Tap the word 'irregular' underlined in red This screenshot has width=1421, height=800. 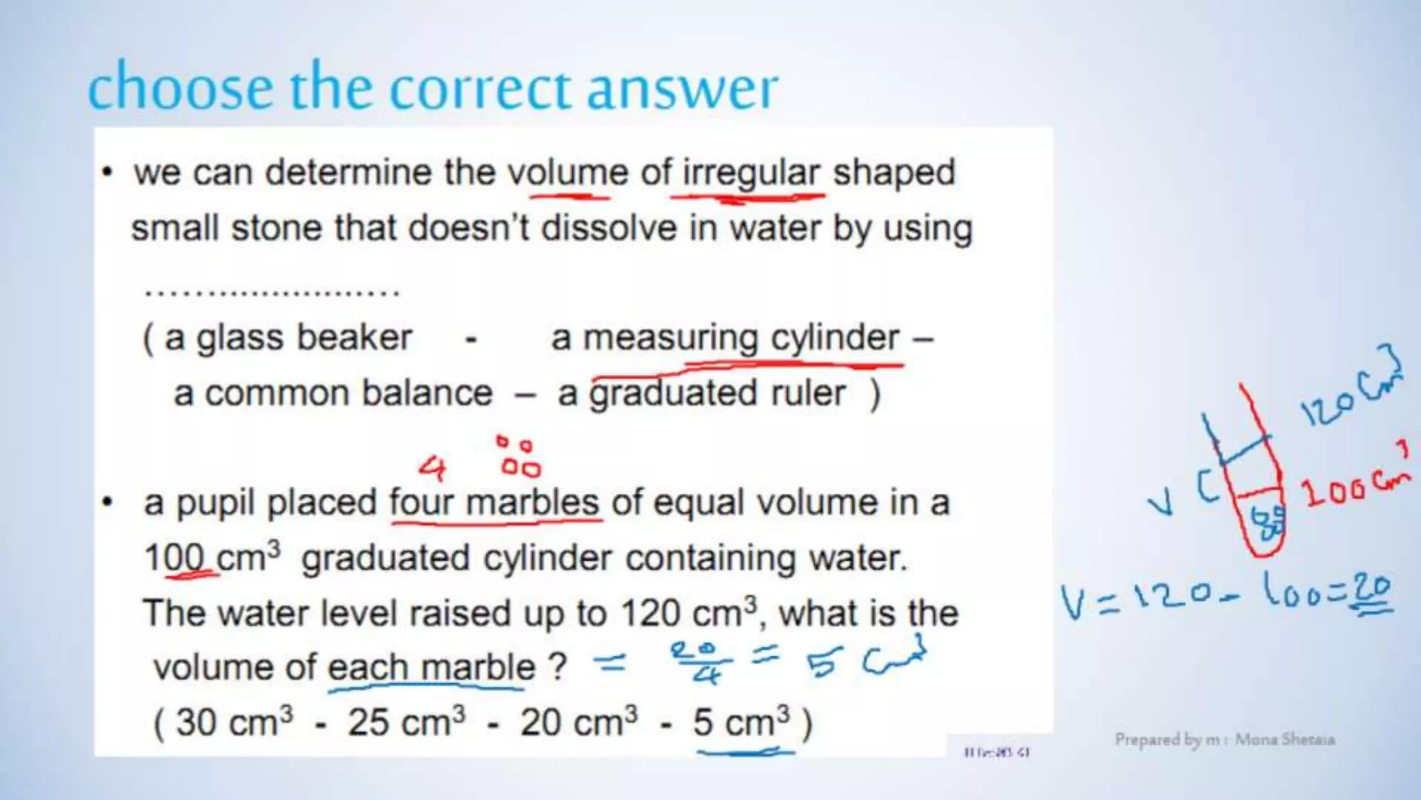click(751, 174)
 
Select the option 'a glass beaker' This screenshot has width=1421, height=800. click(288, 338)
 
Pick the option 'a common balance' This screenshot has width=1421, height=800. click(333, 394)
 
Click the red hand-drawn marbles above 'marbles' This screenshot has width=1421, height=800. click(518, 458)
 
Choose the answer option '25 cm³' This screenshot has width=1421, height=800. click(407, 722)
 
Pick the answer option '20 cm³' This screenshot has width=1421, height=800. click(579, 722)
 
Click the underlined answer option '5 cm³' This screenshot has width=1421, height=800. click(741, 722)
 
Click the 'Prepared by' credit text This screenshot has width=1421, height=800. click(1225, 740)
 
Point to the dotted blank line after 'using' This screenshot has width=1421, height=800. click(272, 292)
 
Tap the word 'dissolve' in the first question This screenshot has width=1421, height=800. click(608, 228)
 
